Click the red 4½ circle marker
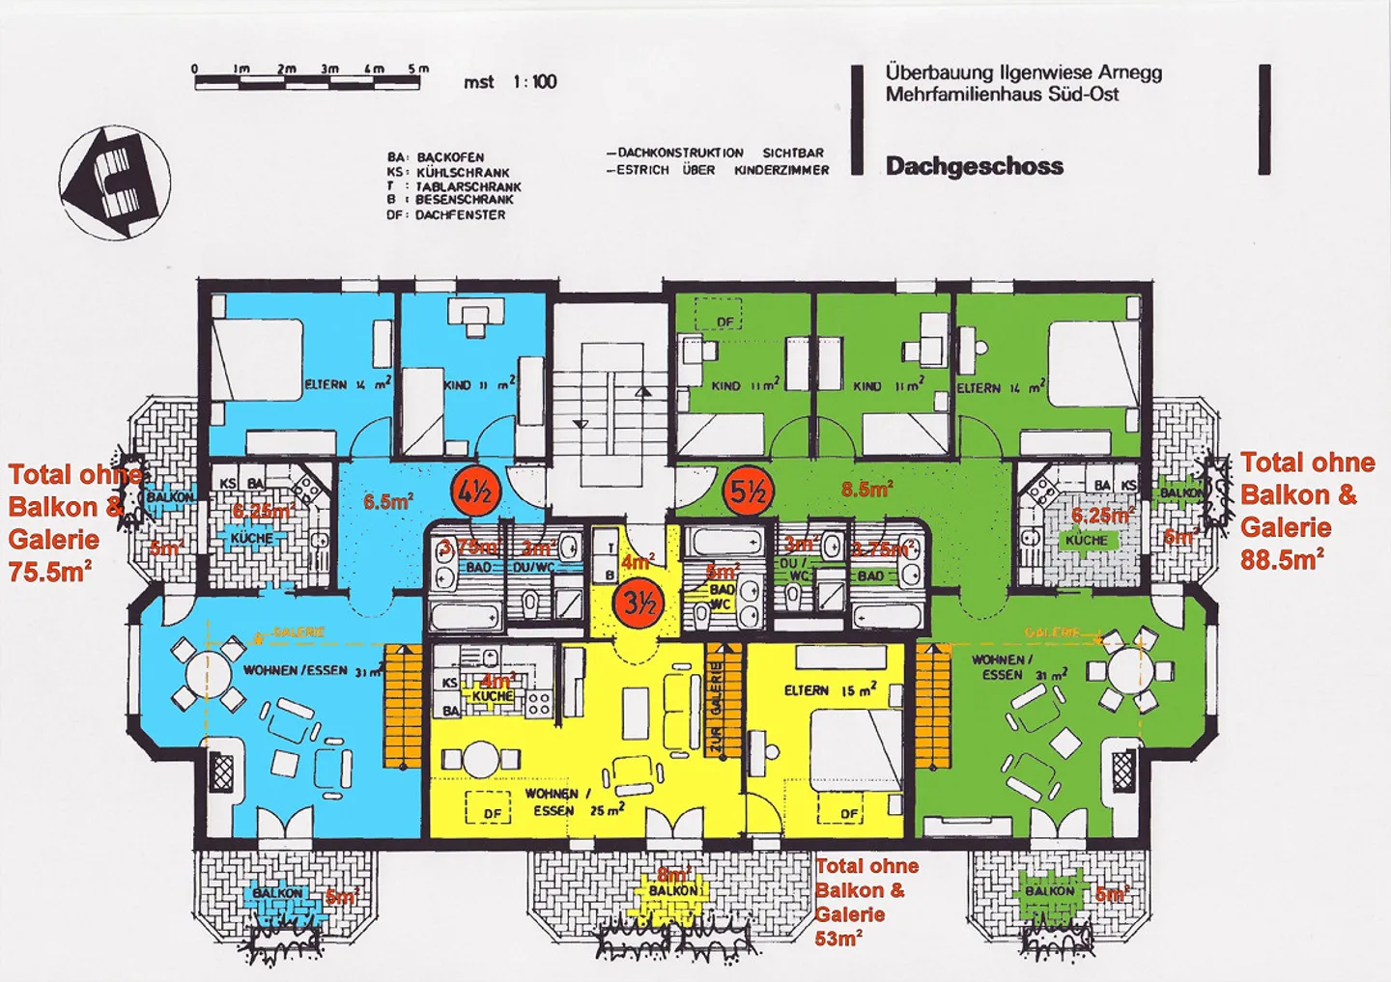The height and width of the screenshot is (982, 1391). [x=473, y=492]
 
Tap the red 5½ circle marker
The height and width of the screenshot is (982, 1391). [x=747, y=492]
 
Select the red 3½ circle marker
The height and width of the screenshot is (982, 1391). [x=639, y=603]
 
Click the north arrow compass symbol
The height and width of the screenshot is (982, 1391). [x=114, y=182]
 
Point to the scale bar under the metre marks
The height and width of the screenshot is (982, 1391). [x=307, y=84]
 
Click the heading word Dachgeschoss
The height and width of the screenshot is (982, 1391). [x=974, y=166]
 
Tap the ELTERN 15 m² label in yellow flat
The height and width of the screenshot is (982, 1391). [x=830, y=690]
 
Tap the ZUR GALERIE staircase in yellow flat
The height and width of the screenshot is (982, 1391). [x=716, y=700]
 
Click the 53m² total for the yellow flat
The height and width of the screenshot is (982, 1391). [x=838, y=938]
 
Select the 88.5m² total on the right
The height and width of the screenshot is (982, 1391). [x=1281, y=559]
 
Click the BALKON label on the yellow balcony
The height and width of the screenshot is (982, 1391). [x=672, y=890]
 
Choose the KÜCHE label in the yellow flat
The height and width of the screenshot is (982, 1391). [x=493, y=695]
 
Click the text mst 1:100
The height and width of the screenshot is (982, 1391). [x=510, y=82]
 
